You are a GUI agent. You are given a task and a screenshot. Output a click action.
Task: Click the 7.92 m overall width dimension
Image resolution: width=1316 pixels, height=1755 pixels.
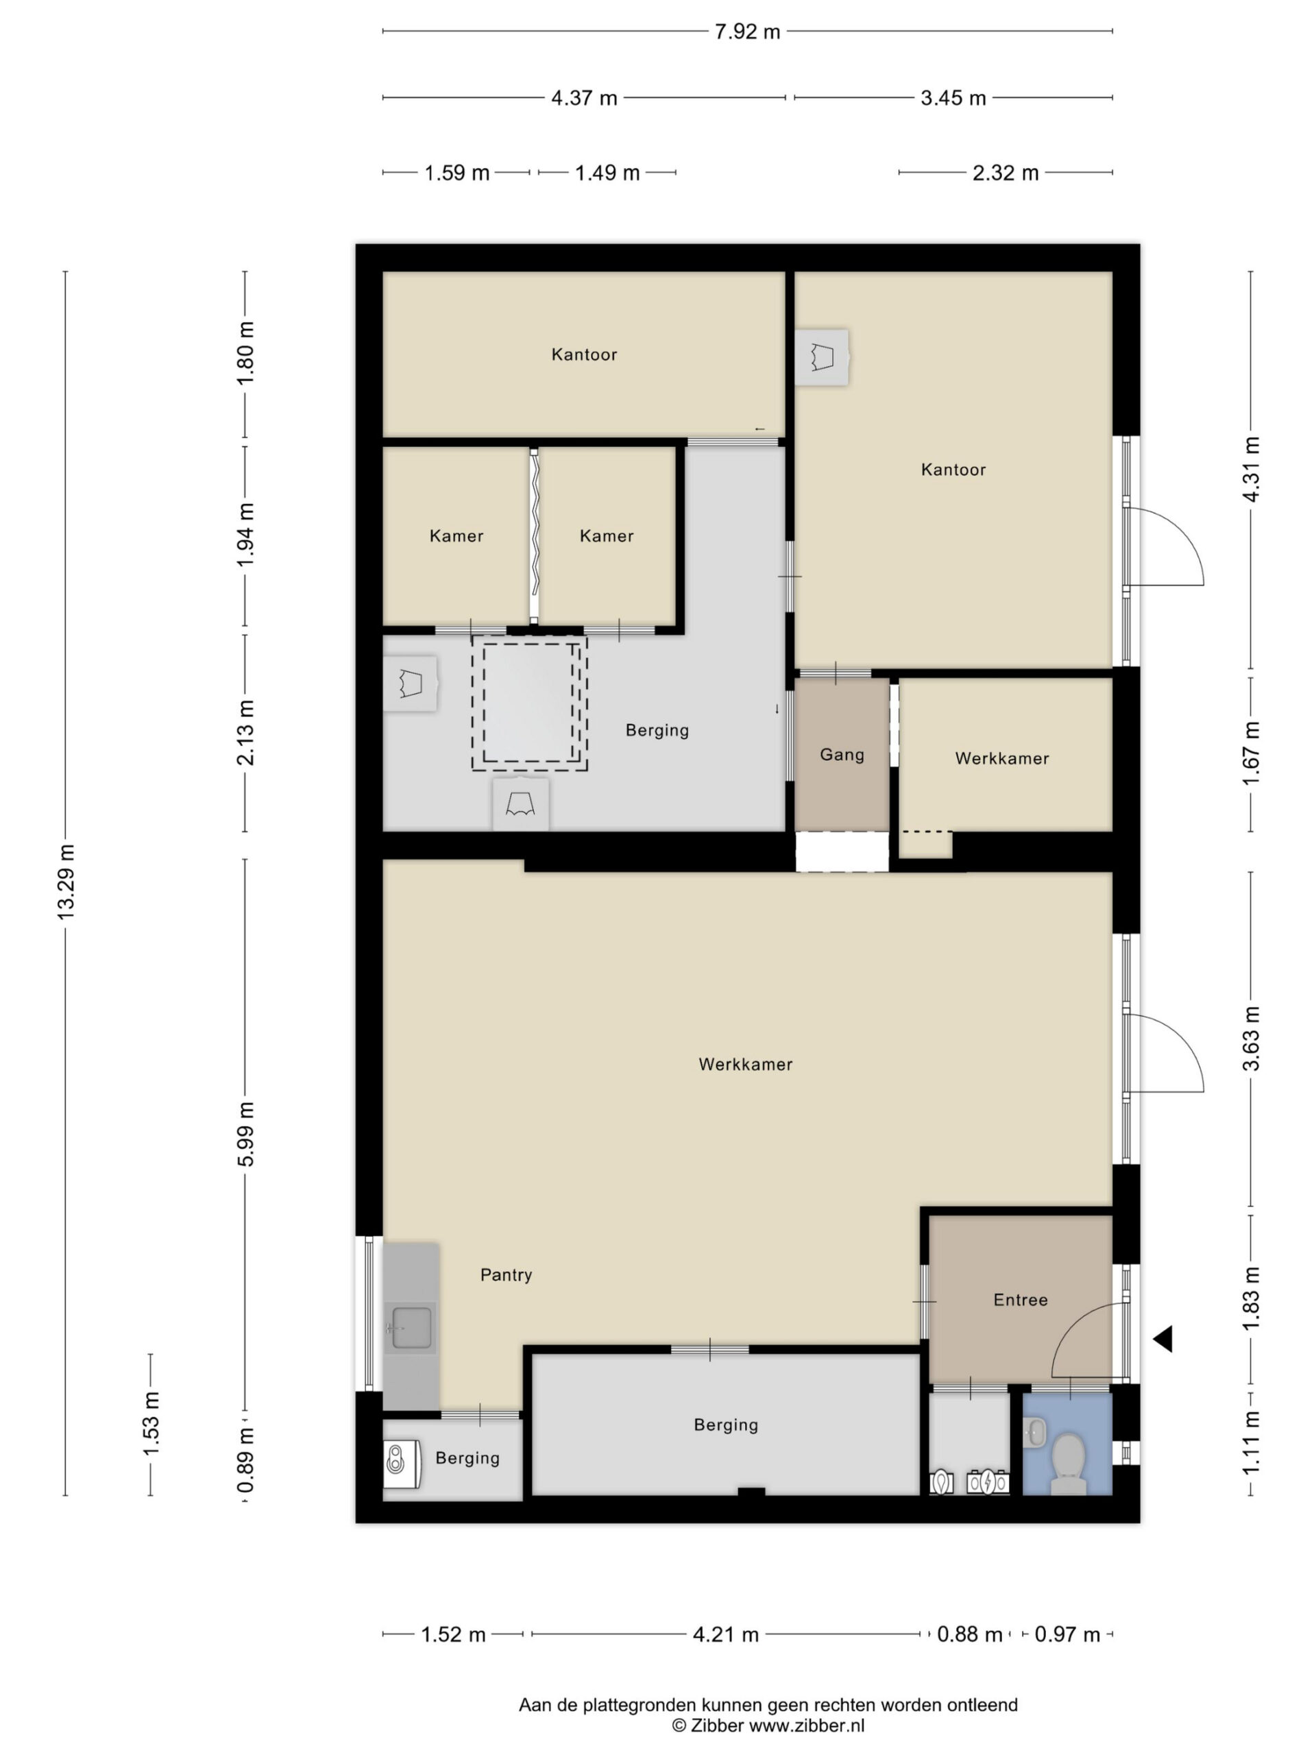[746, 32]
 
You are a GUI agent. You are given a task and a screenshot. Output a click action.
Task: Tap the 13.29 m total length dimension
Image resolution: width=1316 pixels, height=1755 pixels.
[65, 883]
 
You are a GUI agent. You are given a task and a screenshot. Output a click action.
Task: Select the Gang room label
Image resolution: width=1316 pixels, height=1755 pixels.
[842, 755]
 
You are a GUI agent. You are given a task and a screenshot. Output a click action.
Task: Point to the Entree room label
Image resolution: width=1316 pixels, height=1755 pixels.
[1020, 1300]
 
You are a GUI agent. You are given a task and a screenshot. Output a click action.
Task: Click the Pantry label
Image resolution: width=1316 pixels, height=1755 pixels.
[506, 1275]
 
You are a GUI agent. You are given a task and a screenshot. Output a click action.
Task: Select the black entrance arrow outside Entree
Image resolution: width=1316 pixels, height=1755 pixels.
[1163, 1340]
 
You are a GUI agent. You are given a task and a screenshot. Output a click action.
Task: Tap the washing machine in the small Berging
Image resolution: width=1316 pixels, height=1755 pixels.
[402, 1464]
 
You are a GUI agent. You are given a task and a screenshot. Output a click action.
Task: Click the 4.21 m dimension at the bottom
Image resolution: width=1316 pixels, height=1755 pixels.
[726, 1634]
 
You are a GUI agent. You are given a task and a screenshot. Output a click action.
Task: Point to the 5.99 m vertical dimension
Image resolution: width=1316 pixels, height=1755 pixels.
[245, 1134]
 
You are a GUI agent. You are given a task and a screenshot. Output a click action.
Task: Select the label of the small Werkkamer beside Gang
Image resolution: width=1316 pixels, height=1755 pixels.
[1002, 758]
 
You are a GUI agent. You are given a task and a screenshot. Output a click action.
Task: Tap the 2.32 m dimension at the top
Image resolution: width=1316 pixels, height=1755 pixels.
[1005, 172]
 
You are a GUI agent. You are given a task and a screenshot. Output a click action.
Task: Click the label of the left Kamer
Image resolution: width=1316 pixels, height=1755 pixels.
[456, 536]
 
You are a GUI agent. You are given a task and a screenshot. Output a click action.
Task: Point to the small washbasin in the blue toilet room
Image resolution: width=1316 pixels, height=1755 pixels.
[1034, 1432]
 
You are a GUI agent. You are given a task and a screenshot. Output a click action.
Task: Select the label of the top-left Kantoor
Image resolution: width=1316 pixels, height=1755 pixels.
[584, 354]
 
